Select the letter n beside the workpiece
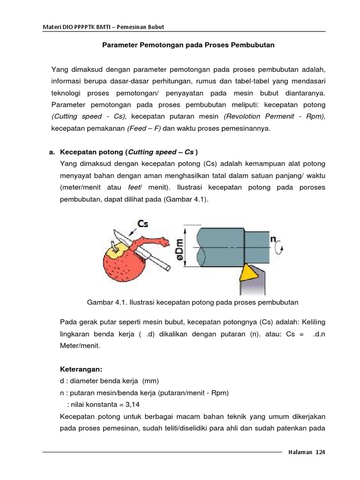click(273, 238)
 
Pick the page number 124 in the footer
click(320, 452)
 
